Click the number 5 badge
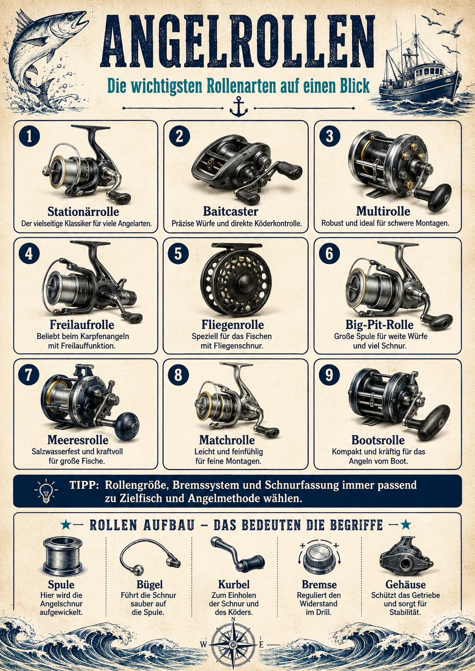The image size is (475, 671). [x=178, y=254]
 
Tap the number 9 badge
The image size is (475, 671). [x=329, y=375]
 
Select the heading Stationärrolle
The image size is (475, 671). [x=83, y=212]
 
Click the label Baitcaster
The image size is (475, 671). [x=231, y=211]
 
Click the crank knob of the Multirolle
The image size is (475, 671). [x=439, y=197]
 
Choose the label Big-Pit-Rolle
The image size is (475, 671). [x=380, y=324]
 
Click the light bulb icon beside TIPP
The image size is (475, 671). [x=46, y=491]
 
